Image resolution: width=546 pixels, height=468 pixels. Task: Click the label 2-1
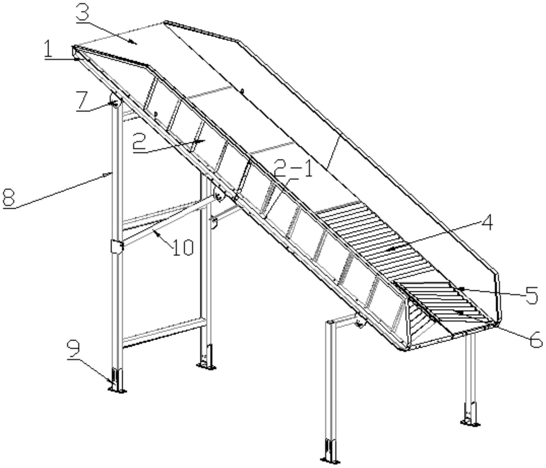[x=293, y=168]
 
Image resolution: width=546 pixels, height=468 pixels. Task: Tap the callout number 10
[x=183, y=247]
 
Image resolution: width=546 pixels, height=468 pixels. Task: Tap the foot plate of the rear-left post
[x=206, y=366]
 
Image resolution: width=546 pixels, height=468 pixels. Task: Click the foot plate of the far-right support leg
[x=470, y=423]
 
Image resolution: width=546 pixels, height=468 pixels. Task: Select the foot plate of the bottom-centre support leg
[x=331, y=460]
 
